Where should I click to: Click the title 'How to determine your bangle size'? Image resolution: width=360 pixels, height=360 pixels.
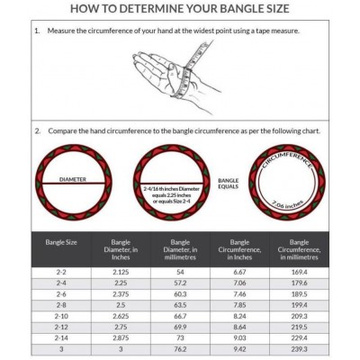180,10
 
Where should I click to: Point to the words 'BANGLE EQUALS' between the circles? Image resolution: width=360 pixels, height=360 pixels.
228,184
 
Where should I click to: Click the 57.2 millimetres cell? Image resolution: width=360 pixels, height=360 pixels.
180,283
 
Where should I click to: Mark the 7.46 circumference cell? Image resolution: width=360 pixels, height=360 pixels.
240,294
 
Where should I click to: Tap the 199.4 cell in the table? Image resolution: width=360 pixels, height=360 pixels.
300,306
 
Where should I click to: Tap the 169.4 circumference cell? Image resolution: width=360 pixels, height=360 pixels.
300,271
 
